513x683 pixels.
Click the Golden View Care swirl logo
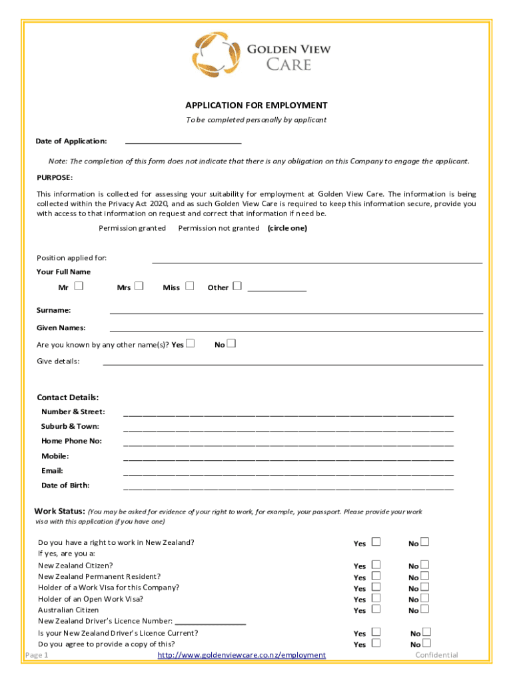click(x=216, y=55)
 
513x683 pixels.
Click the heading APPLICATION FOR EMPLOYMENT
click(x=256, y=105)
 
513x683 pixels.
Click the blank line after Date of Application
click(x=183, y=141)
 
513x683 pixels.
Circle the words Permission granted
click(x=132, y=228)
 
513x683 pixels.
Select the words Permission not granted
click(x=219, y=228)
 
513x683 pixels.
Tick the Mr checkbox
click(x=79, y=287)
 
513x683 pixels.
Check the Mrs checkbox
click(x=139, y=287)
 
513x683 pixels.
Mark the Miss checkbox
click(x=189, y=287)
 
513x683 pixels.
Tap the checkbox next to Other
click(x=237, y=287)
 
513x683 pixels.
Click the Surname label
click(x=53, y=310)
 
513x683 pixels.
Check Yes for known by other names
click(x=191, y=344)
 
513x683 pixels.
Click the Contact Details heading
click(x=67, y=398)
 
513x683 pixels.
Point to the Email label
click(x=52, y=471)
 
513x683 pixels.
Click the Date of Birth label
click(x=65, y=486)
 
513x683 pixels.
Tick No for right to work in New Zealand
click(x=424, y=542)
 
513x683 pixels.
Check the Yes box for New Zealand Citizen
click(x=376, y=565)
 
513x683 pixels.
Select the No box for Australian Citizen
click(x=424, y=609)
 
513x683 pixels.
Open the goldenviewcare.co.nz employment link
click(x=241, y=656)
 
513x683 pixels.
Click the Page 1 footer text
click(x=37, y=655)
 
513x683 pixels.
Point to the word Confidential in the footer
click(x=436, y=655)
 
